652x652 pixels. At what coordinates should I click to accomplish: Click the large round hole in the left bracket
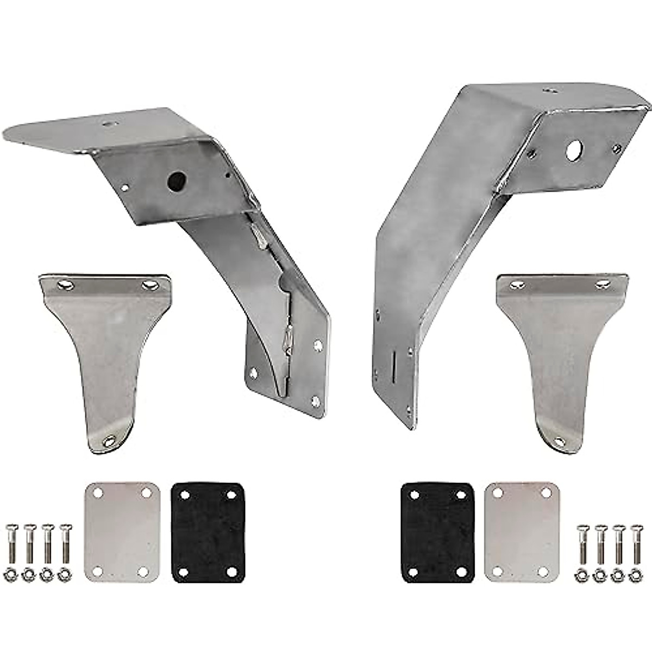[x=176, y=181]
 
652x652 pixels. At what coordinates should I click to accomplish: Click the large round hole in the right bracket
[x=573, y=150]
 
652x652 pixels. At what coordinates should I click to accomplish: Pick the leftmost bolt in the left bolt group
[x=12, y=544]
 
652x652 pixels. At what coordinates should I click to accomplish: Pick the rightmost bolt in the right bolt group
[x=636, y=544]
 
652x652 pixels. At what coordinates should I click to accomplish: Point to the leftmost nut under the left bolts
[x=12, y=574]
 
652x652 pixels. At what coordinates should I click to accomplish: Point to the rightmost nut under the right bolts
[x=635, y=574]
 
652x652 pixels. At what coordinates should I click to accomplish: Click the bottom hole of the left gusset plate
[x=110, y=441]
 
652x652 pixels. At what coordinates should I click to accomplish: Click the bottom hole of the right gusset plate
[x=558, y=441]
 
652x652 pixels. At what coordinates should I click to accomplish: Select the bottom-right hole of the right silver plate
[x=542, y=572]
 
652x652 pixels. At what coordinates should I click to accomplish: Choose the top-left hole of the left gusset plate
[x=64, y=284]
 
